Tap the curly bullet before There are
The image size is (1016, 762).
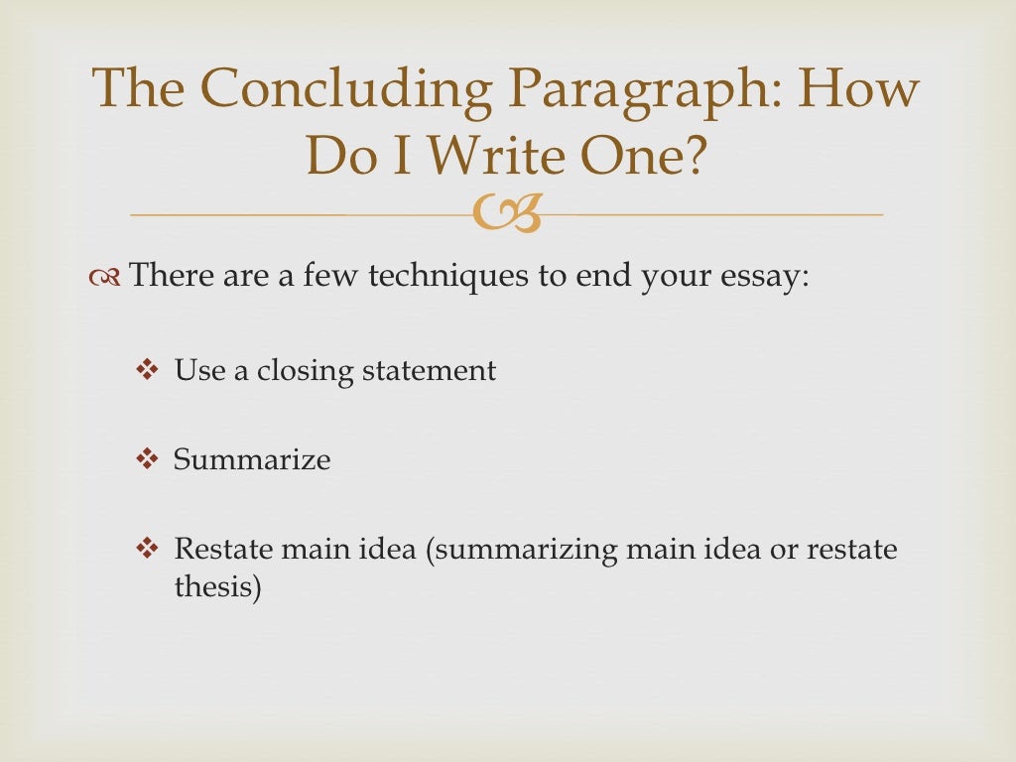[x=106, y=276]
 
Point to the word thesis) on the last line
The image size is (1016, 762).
[x=217, y=587]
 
